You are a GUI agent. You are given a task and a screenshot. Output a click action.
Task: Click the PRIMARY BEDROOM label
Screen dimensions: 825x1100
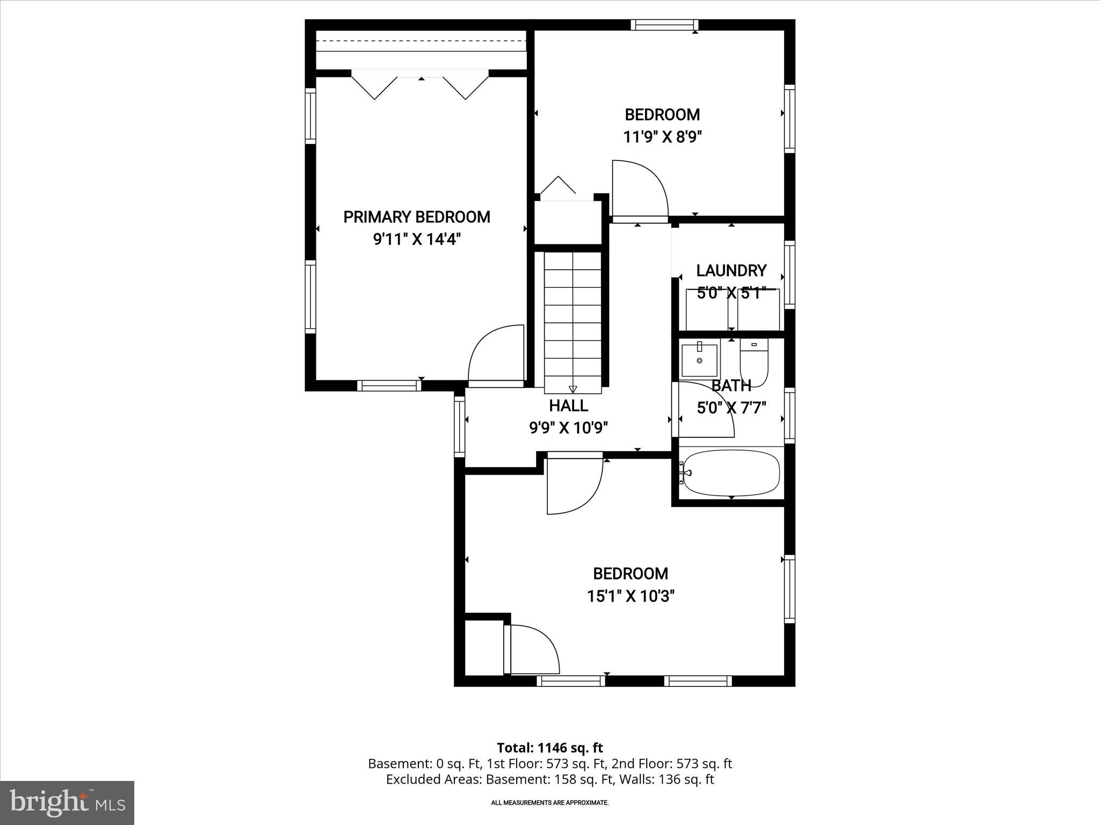tap(416, 217)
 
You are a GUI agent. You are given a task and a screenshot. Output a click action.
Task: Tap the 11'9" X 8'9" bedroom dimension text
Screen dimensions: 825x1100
tap(662, 137)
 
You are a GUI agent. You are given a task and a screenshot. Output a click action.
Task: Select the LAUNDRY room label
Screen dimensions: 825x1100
tap(731, 270)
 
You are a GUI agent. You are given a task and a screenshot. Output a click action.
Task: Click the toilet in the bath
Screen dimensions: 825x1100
tap(754, 360)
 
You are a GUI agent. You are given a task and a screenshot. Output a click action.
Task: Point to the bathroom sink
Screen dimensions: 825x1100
tap(699, 360)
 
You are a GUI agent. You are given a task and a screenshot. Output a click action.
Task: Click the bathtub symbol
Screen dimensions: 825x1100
tap(731, 473)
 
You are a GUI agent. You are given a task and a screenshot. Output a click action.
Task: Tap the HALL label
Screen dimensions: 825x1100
tap(568, 405)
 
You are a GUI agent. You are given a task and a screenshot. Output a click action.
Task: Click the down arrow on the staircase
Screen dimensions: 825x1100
tap(573, 389)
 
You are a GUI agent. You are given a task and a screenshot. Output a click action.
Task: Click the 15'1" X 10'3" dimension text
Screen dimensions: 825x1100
tap(631, 596)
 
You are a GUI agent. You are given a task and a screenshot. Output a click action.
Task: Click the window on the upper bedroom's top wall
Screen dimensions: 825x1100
tap(664, 25)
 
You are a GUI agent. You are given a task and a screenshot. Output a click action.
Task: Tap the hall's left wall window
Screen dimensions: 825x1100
tap(459, 426)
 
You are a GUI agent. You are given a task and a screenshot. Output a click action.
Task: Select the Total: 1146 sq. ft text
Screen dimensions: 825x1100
tap(549, 748)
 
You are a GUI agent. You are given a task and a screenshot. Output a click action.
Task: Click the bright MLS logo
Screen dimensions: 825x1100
tap(67, 802)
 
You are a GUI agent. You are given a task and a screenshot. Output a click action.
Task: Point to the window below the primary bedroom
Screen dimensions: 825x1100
tap(389, 385)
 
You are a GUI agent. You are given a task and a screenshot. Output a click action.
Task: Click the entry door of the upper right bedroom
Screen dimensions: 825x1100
tap(639, 191)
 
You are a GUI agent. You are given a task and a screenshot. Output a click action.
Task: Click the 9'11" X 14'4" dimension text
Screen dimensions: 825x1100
tap(416, 239)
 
